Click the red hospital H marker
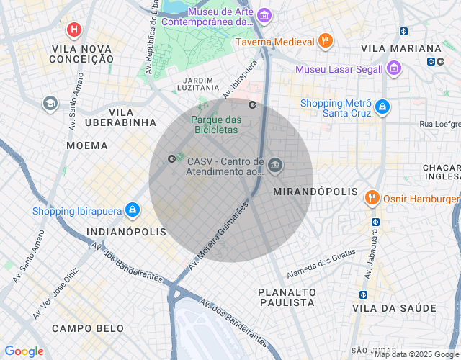[73, 30]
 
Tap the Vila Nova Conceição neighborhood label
[83, 53]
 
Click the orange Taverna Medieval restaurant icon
[326, 41]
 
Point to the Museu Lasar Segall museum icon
[393, 69]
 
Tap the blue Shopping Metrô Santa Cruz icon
[382, 107]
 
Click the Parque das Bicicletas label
[215, 125]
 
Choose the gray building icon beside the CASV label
[274, 166]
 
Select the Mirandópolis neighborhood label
[315, 192]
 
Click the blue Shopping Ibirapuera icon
[132, 210]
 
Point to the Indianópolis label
[126, 232]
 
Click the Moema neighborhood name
[86, 145]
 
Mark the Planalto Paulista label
[287, 297]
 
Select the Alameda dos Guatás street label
[321, 265]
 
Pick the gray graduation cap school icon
[50, 104]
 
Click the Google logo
[24, 351]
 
